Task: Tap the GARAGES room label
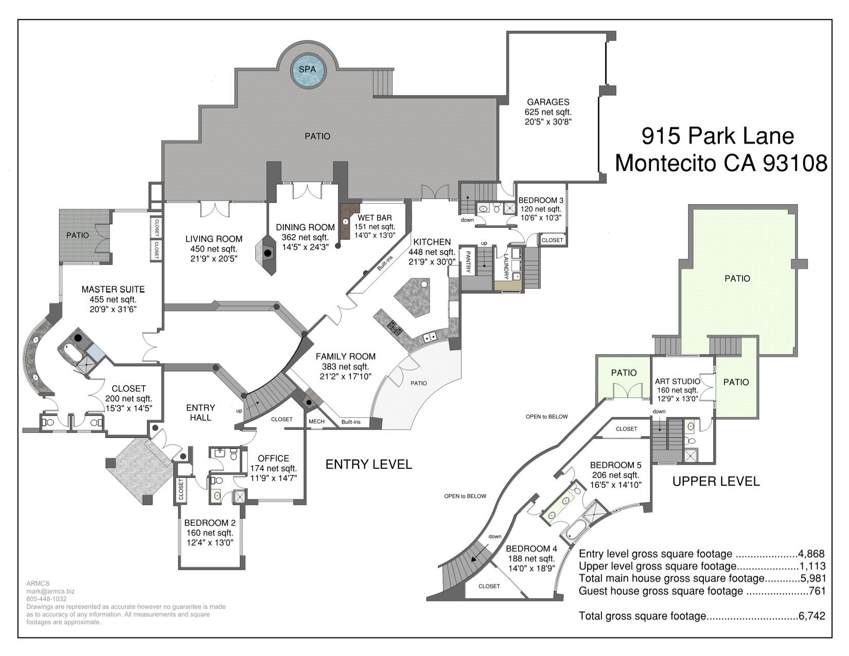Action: tap(548, 102)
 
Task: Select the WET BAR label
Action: tap(374, 218)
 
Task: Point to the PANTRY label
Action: tap(468, 261)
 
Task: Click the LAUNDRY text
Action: tap(506, 267)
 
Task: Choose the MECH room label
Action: tap(316, 421)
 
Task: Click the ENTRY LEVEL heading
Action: tap(368, 464)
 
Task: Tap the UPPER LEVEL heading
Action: tap(716, 482)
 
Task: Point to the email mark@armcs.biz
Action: tap(50, 591)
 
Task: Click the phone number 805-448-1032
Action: tap(46, 599)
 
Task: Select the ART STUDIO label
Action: tap(677, 381)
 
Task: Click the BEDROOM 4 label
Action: tap(532, 548)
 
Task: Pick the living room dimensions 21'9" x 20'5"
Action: tap(214, 259)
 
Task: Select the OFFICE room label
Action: tap(273, 458)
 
